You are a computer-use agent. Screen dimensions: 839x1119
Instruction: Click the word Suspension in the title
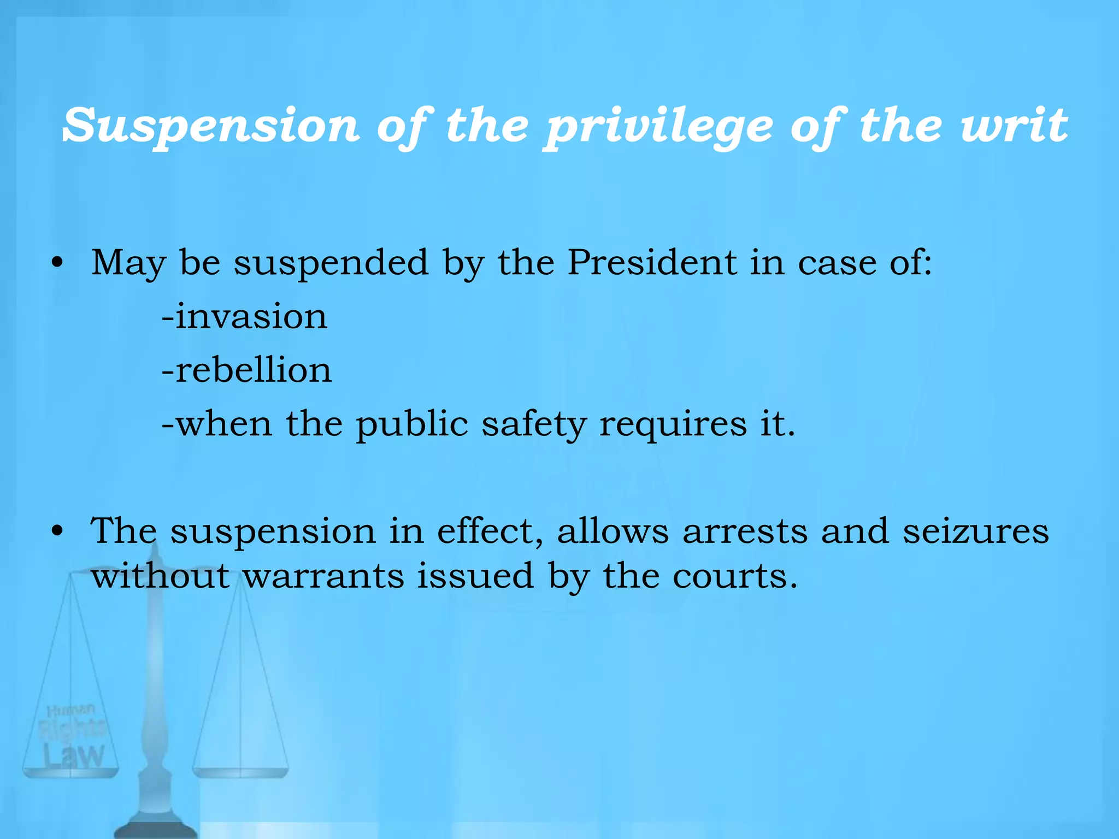211,126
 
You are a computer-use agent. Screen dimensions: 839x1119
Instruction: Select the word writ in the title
1014,126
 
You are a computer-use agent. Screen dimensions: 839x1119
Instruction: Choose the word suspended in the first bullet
331,263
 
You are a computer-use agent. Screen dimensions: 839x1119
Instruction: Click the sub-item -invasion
245,316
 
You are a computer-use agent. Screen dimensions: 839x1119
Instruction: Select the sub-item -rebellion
247,370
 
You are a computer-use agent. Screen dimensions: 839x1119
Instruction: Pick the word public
412,424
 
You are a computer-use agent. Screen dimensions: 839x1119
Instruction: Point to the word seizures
975,531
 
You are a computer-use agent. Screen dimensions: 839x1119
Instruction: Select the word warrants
323,576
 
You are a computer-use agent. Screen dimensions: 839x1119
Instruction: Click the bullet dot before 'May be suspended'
57,263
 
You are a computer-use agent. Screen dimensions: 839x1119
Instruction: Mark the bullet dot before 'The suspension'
57,531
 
